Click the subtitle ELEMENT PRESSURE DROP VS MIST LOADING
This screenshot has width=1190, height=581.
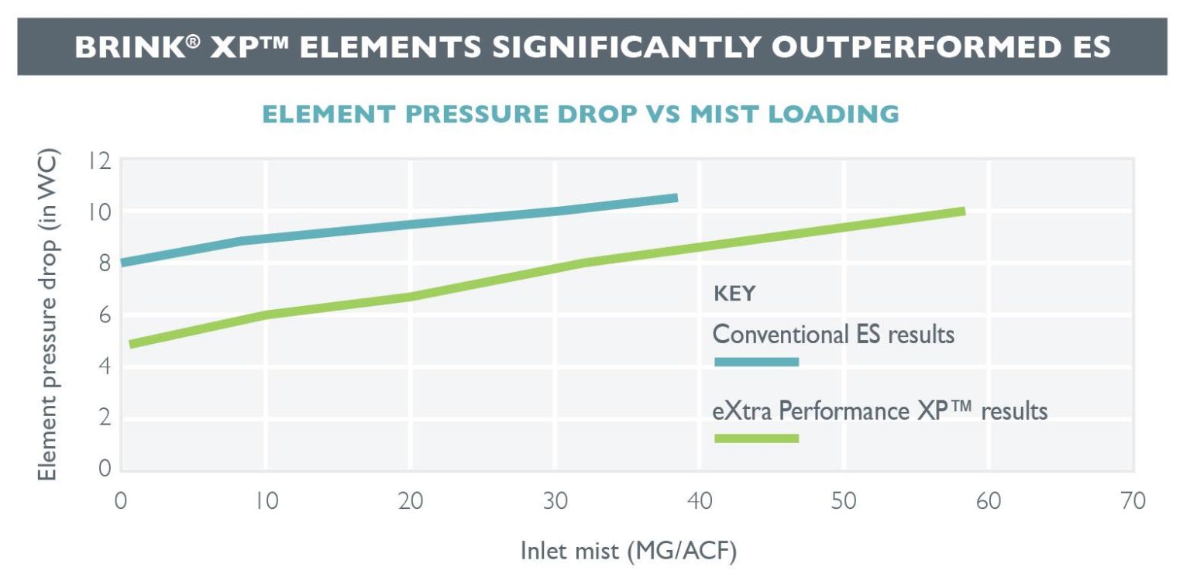point(580,114)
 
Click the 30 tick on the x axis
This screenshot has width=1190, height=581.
point(555,501)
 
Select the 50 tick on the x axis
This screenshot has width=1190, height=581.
point(844,501)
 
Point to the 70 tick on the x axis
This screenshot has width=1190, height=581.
point(1133,501)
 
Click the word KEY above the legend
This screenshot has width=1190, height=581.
point(734,294)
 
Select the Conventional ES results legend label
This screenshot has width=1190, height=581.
point(833,335)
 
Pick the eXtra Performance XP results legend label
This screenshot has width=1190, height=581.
point(879,411)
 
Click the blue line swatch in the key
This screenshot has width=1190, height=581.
point(756,362)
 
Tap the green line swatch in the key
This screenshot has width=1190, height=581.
point(756,438)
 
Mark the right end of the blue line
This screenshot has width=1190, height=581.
point(676,198)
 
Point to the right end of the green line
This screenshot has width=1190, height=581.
point(964,211)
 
